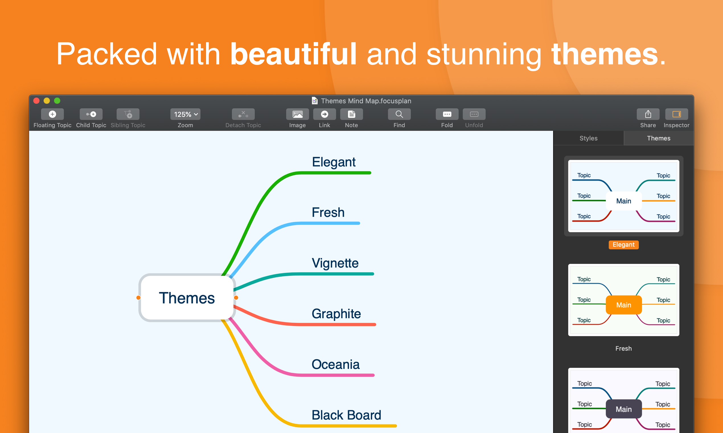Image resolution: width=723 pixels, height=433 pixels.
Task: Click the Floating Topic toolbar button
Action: [52, 114]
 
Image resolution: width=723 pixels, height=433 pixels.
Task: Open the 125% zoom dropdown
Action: [185, 114]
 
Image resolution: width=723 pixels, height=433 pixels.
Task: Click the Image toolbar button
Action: [297, 114]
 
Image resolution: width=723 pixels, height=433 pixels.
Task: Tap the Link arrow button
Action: [324, 114]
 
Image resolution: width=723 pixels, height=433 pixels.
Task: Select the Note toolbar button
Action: [352, 114]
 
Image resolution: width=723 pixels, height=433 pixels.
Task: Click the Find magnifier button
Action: [399, 114]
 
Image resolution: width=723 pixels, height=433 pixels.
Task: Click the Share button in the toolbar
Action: [648, 114]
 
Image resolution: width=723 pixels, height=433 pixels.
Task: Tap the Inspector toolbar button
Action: [677, 114]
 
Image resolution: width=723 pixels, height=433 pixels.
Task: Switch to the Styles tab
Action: [589, 138]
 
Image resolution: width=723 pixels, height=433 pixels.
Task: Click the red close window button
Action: [36, 101]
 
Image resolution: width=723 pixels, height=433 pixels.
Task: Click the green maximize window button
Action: [57, 101]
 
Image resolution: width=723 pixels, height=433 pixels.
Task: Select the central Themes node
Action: [187, 298]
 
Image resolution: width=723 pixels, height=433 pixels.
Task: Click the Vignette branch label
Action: [335, 263]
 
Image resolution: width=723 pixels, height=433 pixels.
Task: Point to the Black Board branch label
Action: [346, 415]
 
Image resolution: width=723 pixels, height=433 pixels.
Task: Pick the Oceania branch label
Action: [336, 364]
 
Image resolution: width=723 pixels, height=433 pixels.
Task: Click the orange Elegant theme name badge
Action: [624, 244]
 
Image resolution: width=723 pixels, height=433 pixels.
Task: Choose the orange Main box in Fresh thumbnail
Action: [624, 305]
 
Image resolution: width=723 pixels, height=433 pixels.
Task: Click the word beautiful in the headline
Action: [293, 54]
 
